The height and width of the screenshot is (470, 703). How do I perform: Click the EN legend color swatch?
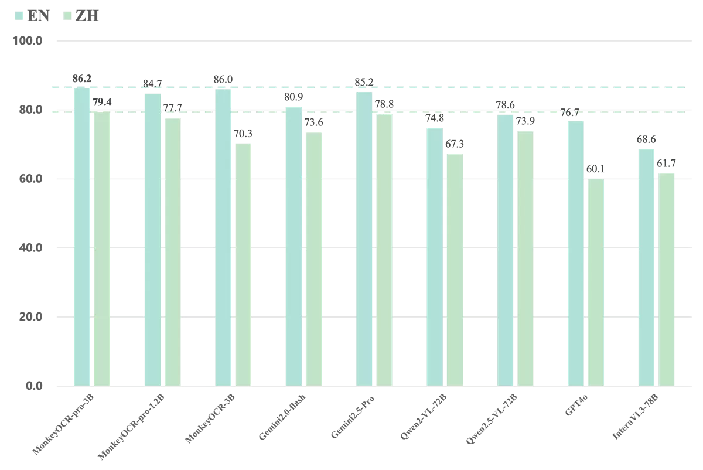[19, 16]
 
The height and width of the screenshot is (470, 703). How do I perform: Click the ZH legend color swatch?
[67, 16]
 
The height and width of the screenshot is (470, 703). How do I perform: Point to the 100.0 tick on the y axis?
[28, 41]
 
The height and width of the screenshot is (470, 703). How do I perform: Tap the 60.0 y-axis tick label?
[30, 179]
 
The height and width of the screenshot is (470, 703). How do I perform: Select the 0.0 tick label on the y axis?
[34, 386]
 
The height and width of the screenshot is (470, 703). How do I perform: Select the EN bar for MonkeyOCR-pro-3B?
[82, 237]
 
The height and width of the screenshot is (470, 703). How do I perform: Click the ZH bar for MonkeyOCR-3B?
[243, 265]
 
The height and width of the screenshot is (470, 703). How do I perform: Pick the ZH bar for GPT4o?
[596, 282]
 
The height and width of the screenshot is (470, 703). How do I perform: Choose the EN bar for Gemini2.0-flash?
[294, 247]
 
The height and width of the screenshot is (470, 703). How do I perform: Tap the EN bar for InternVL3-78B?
[646, 267]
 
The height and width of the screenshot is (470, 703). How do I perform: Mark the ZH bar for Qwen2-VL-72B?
[455, 270]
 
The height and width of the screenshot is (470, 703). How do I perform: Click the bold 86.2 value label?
[81, 79]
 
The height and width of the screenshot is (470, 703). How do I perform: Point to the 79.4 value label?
[102, 102]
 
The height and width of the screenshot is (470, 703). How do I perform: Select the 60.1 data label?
[595, 169]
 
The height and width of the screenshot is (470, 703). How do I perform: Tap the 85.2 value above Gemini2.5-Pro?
[364, 82]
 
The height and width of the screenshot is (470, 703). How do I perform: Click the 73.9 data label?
[525, 121]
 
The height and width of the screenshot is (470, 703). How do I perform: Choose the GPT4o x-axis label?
[576, 406]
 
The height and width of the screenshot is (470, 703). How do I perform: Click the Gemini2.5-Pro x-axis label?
[353, 417]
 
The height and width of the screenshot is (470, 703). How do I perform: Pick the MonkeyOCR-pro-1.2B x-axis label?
[131, 427]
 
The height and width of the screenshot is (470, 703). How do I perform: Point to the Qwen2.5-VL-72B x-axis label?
[491, 419]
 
